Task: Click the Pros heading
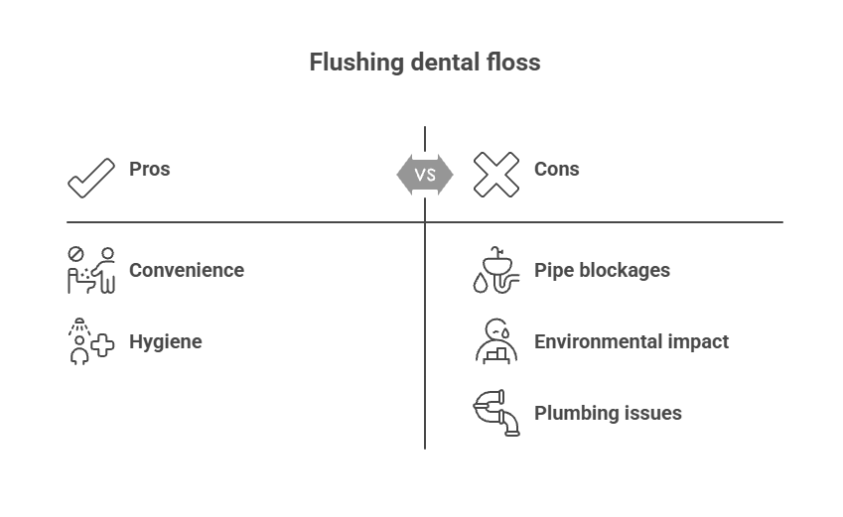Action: pos(149,170)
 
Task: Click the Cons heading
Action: pos(556,170)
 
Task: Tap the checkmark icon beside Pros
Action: pos(91,176)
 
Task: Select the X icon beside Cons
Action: pos(495,176)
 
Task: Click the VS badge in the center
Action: pos(425,176)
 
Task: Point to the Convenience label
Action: pos(186,271)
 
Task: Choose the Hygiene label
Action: pos(165,342)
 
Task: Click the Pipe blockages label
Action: pos(602,271)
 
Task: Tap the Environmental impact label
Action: pos(632,342)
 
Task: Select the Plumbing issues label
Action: pos(608,414)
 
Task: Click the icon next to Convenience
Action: pos(91,271)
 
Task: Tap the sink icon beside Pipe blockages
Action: pos(495,271)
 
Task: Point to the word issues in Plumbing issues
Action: pos(652,414)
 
